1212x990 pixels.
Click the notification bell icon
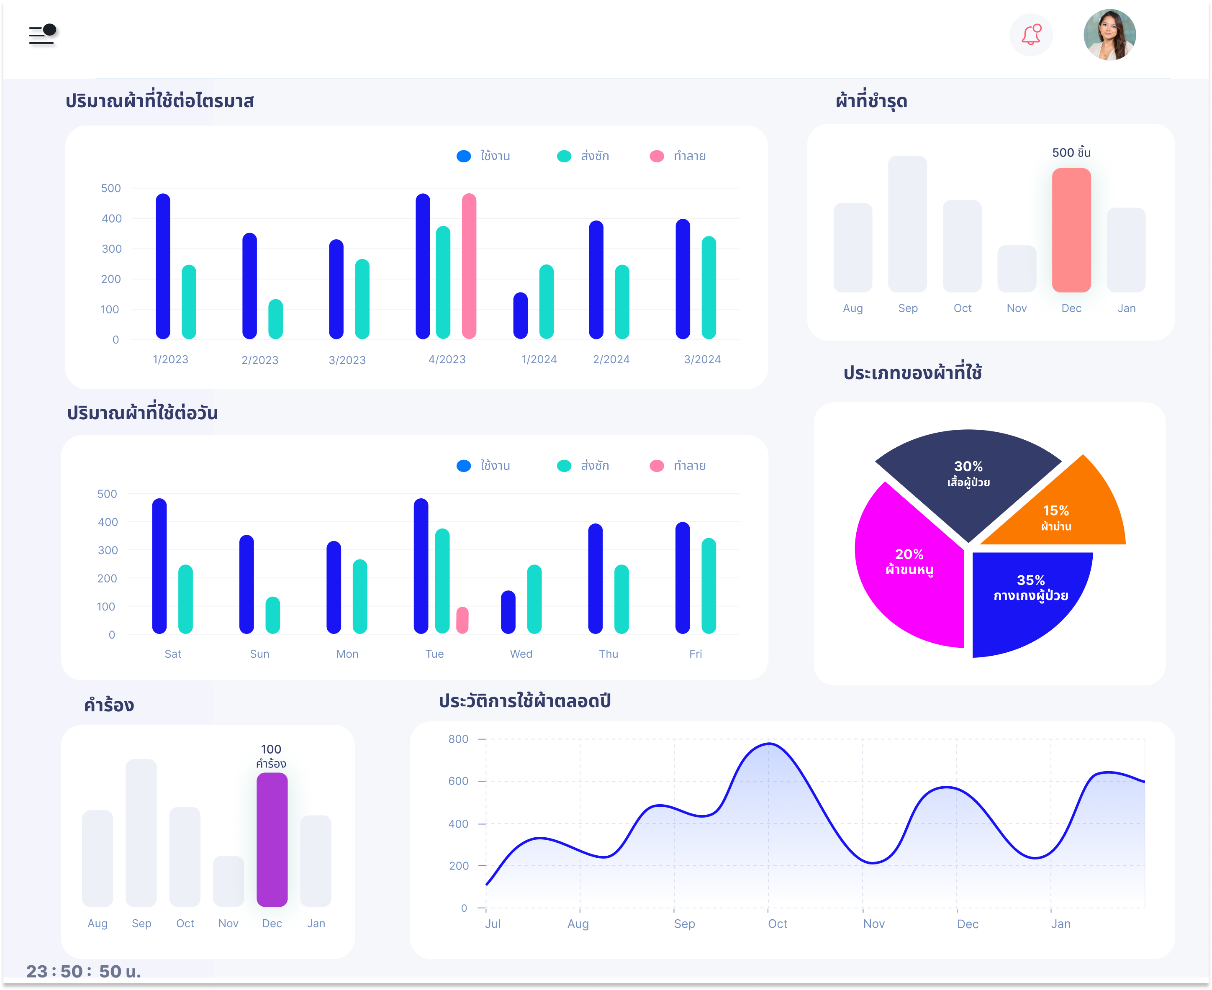pos(1031,35)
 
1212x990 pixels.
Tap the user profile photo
pos(1109,35)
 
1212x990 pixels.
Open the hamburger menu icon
pos(42,34)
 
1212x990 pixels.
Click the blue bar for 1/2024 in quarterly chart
pos(520,316)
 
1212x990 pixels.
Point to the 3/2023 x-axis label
pos(347,360)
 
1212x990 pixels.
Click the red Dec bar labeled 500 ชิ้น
pos(1071,231)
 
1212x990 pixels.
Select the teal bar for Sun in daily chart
pos(272,616)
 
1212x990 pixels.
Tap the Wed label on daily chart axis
pos(521,654)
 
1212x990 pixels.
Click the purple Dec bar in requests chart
pos(272,839)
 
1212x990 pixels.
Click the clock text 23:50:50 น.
pos(83,971)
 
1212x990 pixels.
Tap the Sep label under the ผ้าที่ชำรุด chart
pos(907,308)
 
